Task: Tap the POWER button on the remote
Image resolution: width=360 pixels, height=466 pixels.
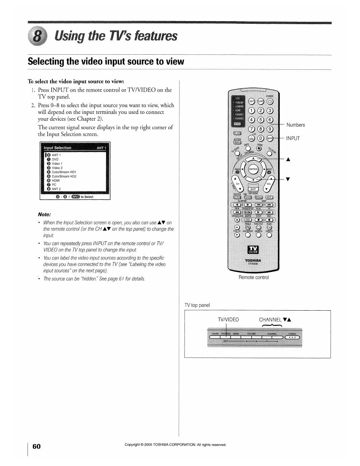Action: [270, 101]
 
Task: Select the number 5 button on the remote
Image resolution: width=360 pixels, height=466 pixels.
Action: [260, 120]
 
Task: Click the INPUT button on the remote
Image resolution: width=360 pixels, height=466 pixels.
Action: [270, 138]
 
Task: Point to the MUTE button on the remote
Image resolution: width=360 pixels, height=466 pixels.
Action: [269, 197]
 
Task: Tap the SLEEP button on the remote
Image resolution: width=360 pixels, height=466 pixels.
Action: [260, 101]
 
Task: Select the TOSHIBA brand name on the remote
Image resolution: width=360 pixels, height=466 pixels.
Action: [253, 260]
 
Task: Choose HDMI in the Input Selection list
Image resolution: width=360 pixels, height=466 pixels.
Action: [56, 181]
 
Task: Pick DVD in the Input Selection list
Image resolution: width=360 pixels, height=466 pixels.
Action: [55, 159]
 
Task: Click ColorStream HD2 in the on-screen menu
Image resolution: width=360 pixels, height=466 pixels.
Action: [64, 176]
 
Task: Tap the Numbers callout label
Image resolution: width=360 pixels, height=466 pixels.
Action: [295, 125]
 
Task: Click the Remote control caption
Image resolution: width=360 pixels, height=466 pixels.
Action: [254, 277]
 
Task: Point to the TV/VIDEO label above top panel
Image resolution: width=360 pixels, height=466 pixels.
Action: [228, 320]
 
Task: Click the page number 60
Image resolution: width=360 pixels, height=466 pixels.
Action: [36, 446]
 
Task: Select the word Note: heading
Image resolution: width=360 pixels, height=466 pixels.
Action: [44, 215]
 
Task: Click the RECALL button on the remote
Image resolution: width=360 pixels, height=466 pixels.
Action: [258, 197]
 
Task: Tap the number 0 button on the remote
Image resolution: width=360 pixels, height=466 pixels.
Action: [260, 138]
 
